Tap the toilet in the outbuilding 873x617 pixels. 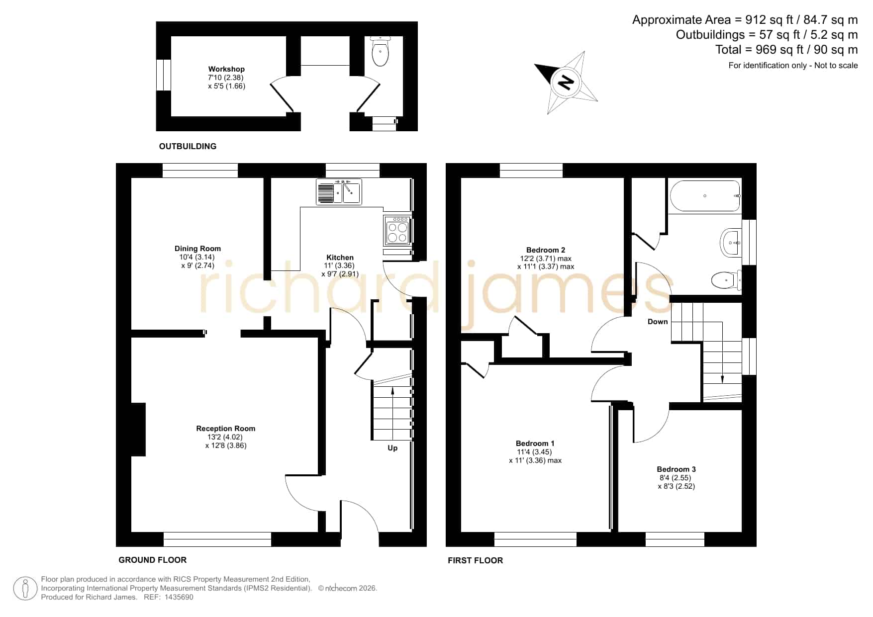click(x=381, y=51)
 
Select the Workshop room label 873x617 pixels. click(x=226, y=69)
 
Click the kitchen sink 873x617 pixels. click(x=339, y=191)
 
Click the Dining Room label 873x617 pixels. click(x=197, y=249)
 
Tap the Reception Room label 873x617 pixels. click(x=226, y=429)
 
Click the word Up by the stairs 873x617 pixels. click(x=392, y=448)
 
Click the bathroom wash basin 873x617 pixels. click(x=731, y=243)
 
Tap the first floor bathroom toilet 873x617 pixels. click(x=727, y=280)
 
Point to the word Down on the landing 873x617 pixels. click(x=658, y=322)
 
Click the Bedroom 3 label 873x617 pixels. click(x=676, y=469)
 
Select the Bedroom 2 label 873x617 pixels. click(x=546, y=250)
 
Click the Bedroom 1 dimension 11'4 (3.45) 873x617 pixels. click(x=535, y=452)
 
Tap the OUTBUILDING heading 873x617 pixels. click(x=188, y=146)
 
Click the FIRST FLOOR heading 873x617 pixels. click(x=475, y=560)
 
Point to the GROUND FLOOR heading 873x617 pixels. click(x=152, y=560)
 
